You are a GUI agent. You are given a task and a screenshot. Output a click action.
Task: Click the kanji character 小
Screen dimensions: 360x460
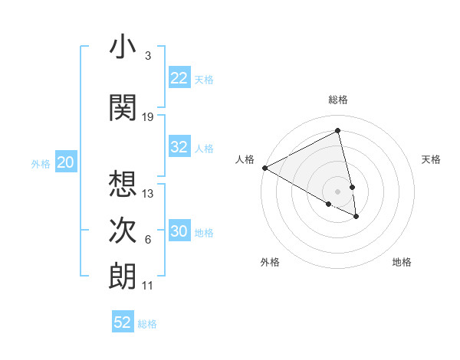[x=123, y=47]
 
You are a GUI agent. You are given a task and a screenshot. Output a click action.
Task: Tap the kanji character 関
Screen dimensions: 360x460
[x=123, y=108]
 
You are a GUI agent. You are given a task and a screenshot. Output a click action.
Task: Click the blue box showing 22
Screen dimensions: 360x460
[x=179, y=78]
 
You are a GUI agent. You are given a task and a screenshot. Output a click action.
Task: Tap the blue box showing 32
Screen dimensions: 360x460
[x=179, y=147]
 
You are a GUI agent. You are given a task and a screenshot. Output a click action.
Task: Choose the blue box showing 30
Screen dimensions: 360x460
[x=179, y=231]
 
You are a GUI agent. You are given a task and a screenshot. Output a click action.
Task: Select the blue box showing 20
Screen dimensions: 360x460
[x=65, y=162]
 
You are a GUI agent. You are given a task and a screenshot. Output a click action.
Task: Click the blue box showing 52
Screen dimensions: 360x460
[x=123, y=322]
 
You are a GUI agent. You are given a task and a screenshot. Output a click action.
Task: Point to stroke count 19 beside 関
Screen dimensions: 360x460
[x=148, y=117]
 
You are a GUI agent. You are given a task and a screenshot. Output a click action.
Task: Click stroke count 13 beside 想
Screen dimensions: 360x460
[x=148, y=194]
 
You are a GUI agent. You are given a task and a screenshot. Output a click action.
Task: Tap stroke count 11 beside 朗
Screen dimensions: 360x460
[x=148, y=286]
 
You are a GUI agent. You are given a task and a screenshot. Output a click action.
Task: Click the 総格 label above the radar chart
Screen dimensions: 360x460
[x=338, y=100]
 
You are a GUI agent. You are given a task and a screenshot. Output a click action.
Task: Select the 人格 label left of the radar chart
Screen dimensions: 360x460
[x=245, y=159]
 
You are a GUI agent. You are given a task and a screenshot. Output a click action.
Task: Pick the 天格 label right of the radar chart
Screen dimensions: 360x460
[x=431, y=159]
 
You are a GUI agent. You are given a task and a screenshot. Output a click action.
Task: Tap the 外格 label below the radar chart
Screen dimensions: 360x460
[x=270, y=262]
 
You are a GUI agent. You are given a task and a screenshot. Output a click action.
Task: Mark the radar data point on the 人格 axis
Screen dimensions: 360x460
[x=264, y=168]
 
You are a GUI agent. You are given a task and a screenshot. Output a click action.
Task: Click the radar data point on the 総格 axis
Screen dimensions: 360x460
[x=338, y=131]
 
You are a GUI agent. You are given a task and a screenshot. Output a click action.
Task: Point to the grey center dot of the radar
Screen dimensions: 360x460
[x=338, y=191]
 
